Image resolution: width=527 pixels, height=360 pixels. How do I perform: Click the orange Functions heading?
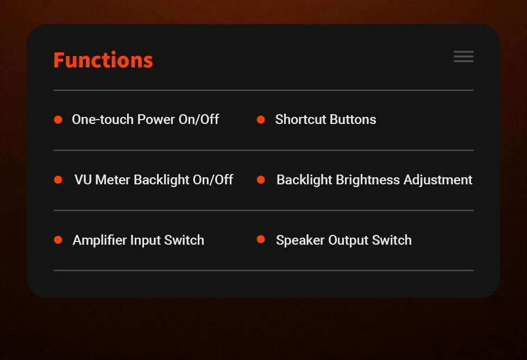tap(103, 60)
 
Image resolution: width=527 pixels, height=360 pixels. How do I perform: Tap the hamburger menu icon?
tap(463, 57)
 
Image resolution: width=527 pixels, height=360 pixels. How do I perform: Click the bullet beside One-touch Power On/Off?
tap(58, 120)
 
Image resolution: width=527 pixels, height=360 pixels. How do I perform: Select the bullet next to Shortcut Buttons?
tap(261, 120)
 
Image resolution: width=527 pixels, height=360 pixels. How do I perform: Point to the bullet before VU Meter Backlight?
tap(58, 179)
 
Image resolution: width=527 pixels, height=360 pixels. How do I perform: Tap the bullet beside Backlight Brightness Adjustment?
tap(261, 179)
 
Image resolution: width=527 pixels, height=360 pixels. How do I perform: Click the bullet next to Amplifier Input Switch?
tap(58, 240)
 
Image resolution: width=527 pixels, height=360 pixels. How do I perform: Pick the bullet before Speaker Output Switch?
tap(261, 239)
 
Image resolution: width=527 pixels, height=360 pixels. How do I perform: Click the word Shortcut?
tap(301, 120)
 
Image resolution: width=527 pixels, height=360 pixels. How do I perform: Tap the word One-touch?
tap(103, 120)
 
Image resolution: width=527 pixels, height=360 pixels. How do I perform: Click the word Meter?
tap(112, 179)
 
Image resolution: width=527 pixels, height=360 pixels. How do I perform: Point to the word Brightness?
tap(368, 179)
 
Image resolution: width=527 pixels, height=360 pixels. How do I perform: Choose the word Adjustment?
tap(438, 180)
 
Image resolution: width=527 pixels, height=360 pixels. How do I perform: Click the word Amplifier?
tap(100, 240)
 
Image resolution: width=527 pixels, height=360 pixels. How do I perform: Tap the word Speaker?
tap(300, 240)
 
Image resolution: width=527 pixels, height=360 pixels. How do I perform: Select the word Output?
tap(348, 240)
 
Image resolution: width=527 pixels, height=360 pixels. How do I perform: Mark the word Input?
tap(146, 240)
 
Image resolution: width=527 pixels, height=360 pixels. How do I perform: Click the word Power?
tap(156, 120)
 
